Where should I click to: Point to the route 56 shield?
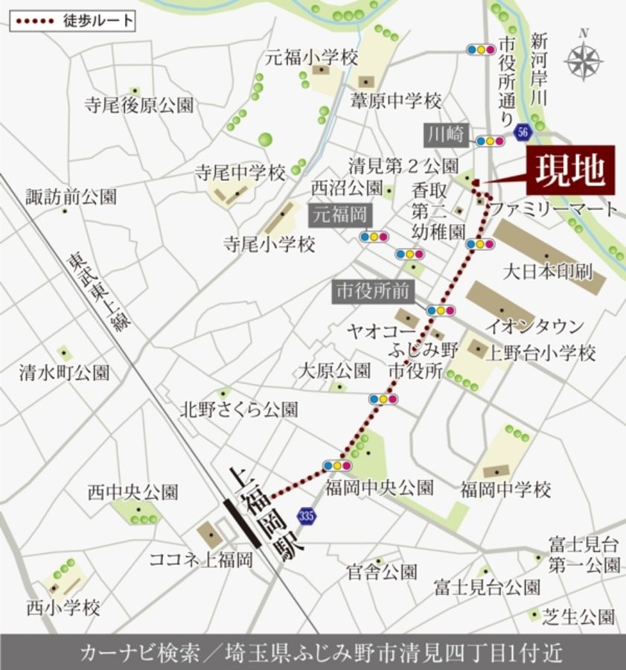click(x=523, y=130)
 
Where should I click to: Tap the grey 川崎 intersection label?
click(x=446, y=135)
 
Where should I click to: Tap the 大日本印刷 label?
click(x=548, y=271)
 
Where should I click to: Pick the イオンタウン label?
click(x=534, y=326)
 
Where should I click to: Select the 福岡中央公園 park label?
click(x=379, y=488)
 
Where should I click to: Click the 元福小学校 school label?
click(x=312, y=57)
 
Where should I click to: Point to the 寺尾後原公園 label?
click(x=139, y=105)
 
